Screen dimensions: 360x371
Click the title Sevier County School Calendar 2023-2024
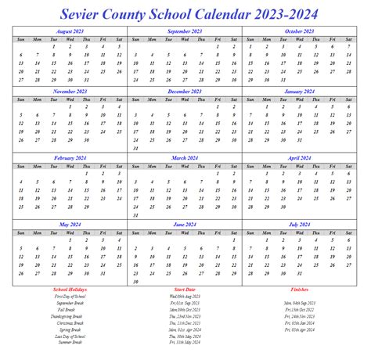coord(185,13)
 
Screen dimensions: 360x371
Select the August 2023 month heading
coord(70,31)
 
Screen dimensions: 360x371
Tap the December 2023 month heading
coord(185,92)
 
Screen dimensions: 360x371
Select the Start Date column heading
coord(185,290)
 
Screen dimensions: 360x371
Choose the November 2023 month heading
coord(70,92)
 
